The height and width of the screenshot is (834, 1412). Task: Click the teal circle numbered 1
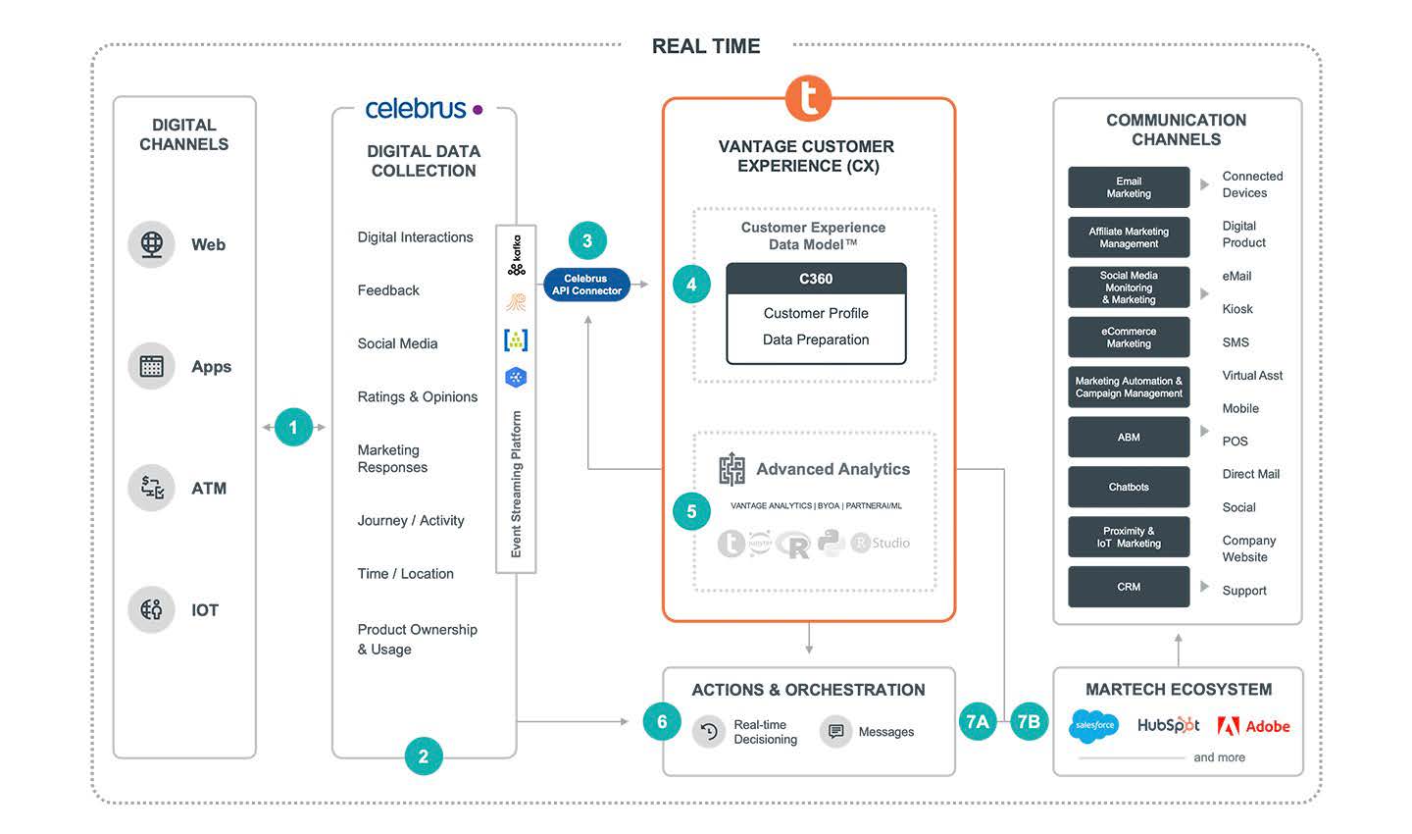(x=293, y=427)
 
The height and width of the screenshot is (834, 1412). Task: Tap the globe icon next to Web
(x=152, y=244)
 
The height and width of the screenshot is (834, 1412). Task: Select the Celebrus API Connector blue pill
(x=586, y=285)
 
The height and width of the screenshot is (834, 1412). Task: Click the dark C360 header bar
(x=816, y=279)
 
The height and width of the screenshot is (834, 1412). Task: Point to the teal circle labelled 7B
(x=1029, y=722)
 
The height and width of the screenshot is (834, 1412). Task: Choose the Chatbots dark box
(x=1129, y=487)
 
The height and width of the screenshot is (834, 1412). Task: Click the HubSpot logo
(x=1168, y=726)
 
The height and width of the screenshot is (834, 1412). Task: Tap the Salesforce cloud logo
(x=1094, y=726)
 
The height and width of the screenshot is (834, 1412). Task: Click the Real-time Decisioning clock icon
(x=709, y=732)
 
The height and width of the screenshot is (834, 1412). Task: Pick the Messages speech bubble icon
(x=835, y=732)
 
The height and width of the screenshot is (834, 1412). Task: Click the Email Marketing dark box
(x=1129, y=187)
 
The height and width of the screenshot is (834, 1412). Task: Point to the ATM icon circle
(x=152, y=488)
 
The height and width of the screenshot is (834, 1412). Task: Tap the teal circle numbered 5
(x=691, y=511)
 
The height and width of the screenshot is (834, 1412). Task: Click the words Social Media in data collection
(x=397, y=343)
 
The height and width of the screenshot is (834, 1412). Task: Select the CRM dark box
(x=1129, y=587)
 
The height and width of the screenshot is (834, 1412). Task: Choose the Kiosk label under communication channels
(x=1237, y=309)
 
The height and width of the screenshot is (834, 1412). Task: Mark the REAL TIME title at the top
(x=706, y=46)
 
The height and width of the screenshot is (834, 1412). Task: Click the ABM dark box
(x=1129, y=438)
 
